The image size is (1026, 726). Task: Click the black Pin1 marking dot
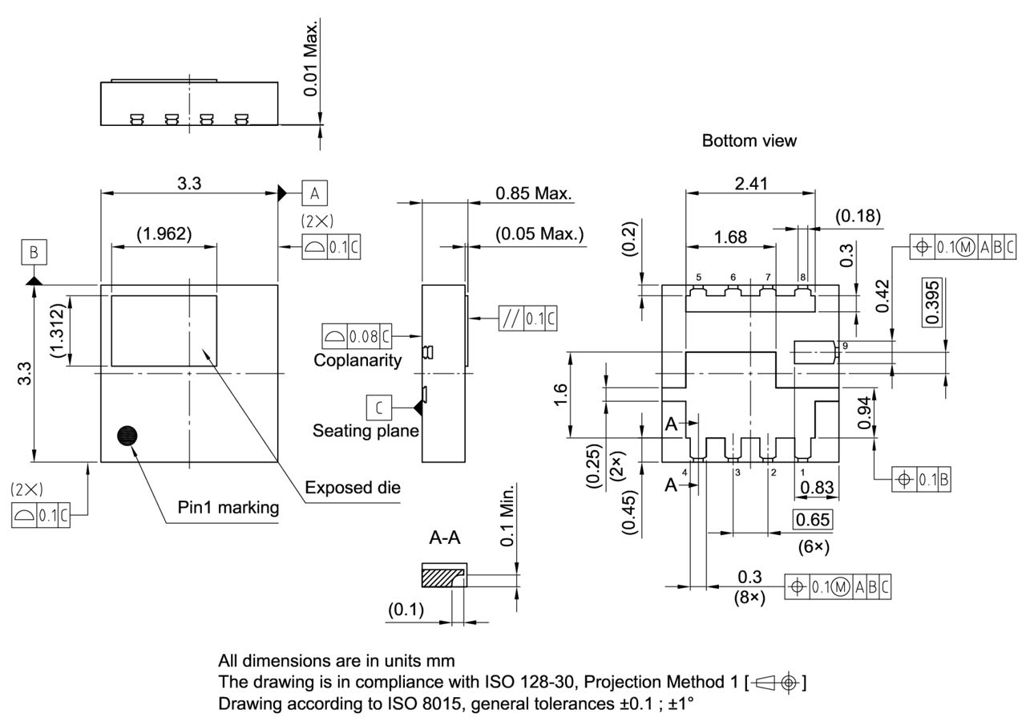[127, 436]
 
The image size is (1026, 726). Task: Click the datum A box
[314, 193]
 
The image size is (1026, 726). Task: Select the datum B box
[34, 253]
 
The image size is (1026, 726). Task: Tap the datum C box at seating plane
[379, 408]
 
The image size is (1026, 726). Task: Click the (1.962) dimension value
[164, 233]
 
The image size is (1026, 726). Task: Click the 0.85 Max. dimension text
[533, 193]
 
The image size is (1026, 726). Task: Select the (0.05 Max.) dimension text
[539, 234]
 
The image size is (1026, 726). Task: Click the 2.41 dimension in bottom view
[750, 184]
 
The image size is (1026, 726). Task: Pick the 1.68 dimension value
[730, 237]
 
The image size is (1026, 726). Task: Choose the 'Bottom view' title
[749, 141]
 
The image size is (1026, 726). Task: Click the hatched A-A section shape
[440, 576]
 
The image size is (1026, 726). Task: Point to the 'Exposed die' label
[353, 488]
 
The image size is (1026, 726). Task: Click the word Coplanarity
[357, 360]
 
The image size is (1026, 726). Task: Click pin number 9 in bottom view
[846, 346]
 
